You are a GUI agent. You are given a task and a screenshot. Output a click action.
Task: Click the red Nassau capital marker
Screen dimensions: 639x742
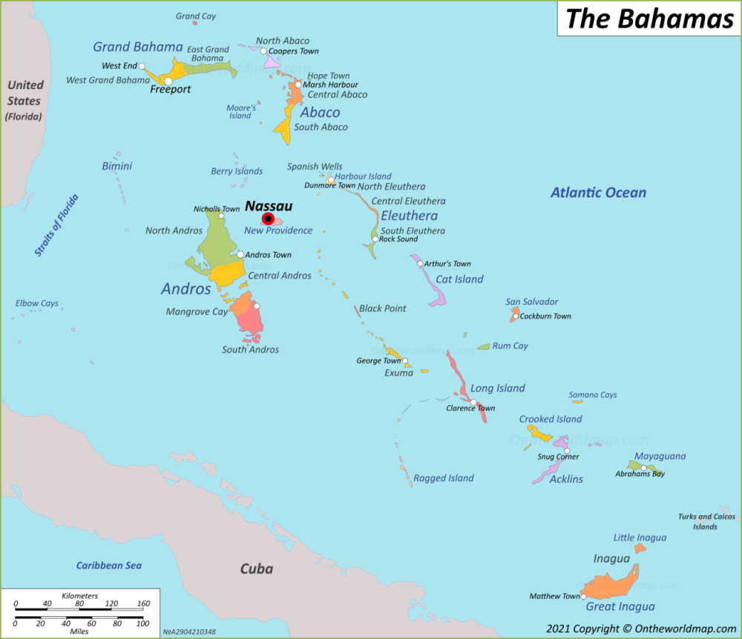pyautogui.click(x=268, y=219)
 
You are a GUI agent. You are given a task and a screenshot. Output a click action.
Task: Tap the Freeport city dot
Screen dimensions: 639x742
pyautogui.click(x=168, y=81)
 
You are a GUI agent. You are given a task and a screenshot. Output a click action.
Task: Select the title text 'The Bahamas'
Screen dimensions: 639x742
pyautogui.click(x=649, y=19)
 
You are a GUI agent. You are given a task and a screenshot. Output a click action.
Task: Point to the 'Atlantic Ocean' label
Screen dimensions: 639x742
pyautogui.click(x=598, y=193)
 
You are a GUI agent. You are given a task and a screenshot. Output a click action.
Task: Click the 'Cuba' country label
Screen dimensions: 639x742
pyautogui.click(x=256, y=569)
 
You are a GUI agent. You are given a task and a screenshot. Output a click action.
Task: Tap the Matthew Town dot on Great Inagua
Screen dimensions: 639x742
pyautogui.click(x=584, y=596)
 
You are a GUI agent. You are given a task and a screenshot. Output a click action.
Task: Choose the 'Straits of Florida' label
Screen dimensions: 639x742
pyautogui.click(x=56, y=225)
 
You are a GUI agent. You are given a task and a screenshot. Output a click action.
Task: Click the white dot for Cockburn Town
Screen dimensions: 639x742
pyautogui.click(x=516, y=317)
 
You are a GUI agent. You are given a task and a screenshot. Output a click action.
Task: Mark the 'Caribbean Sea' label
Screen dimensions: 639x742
pyautogui.click(x=108, y=566)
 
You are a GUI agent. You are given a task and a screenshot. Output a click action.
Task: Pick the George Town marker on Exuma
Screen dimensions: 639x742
pyautogui.click(x=405, y=361)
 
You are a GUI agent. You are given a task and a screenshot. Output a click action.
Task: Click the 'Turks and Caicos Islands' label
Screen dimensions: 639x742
pyautogui.click(x=706, y=522)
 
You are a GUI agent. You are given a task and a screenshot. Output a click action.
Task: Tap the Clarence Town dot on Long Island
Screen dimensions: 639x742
pyautogui.click(x=473, y=402)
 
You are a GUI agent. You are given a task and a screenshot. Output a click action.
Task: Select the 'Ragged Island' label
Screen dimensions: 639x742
pyautogui.click(x=443, y=478)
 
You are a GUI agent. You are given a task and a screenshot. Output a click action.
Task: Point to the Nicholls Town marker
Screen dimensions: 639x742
pyautogui.click(x=221, y=216)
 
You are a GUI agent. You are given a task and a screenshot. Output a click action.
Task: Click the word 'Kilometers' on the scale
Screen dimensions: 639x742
pyautogui.click(x=79, y=596)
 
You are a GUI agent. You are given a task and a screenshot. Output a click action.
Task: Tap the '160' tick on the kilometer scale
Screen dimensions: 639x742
pyautogui.click(x=143, y=603)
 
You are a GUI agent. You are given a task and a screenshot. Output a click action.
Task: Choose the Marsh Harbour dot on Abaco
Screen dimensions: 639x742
pyautogui.click(x=298, y=85)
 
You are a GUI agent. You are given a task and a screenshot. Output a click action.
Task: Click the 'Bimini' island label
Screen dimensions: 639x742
pyautogui.click(x=116, y=166)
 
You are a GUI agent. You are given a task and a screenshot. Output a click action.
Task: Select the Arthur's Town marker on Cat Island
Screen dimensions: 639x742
pyautogui.click(x=420, y=264)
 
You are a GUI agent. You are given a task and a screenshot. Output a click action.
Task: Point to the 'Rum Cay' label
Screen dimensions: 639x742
pyautogui.click(x=510, y=345)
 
